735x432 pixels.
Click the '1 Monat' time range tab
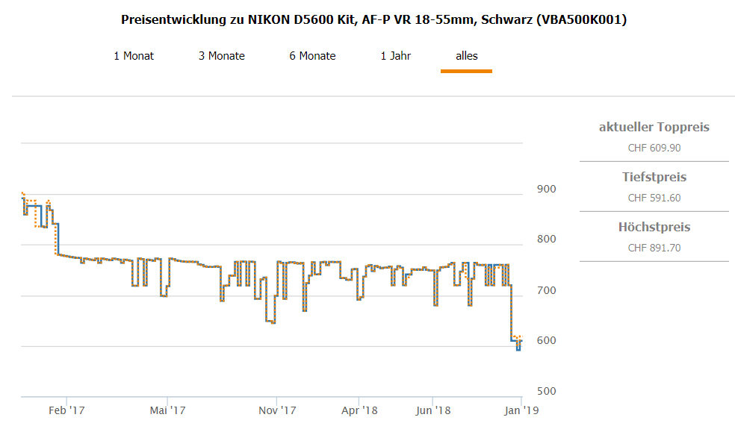[134, 56]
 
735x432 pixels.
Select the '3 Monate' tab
[221, 56]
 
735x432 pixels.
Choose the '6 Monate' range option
[312, 56]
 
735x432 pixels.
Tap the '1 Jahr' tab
[396, 56]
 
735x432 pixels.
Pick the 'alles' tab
[467, 56]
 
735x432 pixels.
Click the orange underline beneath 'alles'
[466, 71]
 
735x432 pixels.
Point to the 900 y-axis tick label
[547, 189]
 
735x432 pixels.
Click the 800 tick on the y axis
[547, 240]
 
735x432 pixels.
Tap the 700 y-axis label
[547, 290]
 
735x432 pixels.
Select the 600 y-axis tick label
[547, 341]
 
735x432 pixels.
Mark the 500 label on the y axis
[547, 392]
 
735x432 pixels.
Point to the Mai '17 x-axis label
[167, 410]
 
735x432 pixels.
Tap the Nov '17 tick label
[277, 410]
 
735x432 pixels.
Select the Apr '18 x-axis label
[359, 410]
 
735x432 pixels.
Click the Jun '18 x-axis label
[433, 410]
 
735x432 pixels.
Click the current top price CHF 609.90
[654, 148]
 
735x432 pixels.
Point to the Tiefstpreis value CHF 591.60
[654, 198]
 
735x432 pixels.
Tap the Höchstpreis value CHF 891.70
[654, 248]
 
